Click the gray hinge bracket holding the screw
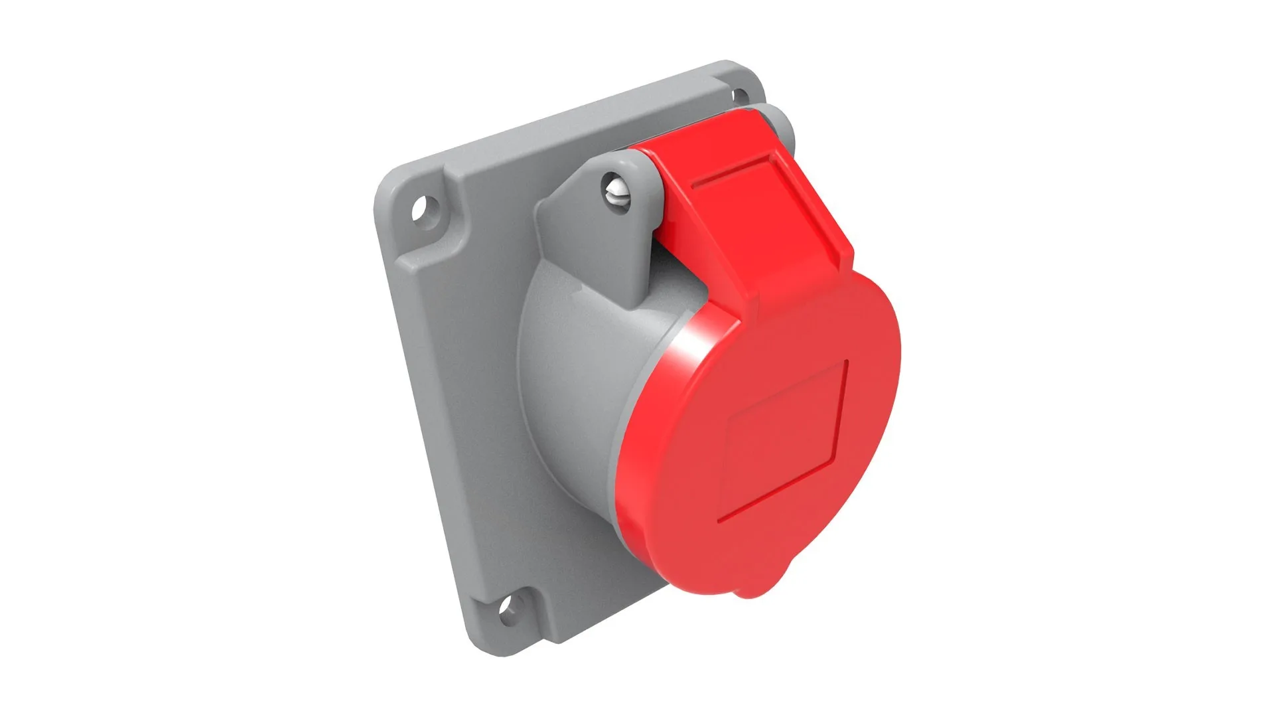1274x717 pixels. (x=584, y=219)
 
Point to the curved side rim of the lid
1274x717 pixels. (x=637, y=465)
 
